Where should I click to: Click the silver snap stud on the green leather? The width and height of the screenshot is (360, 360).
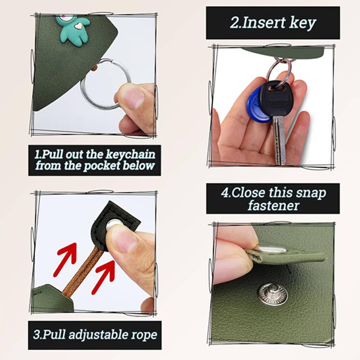[273, 292]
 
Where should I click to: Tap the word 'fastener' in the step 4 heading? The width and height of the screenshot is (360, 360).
[273, 206]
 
